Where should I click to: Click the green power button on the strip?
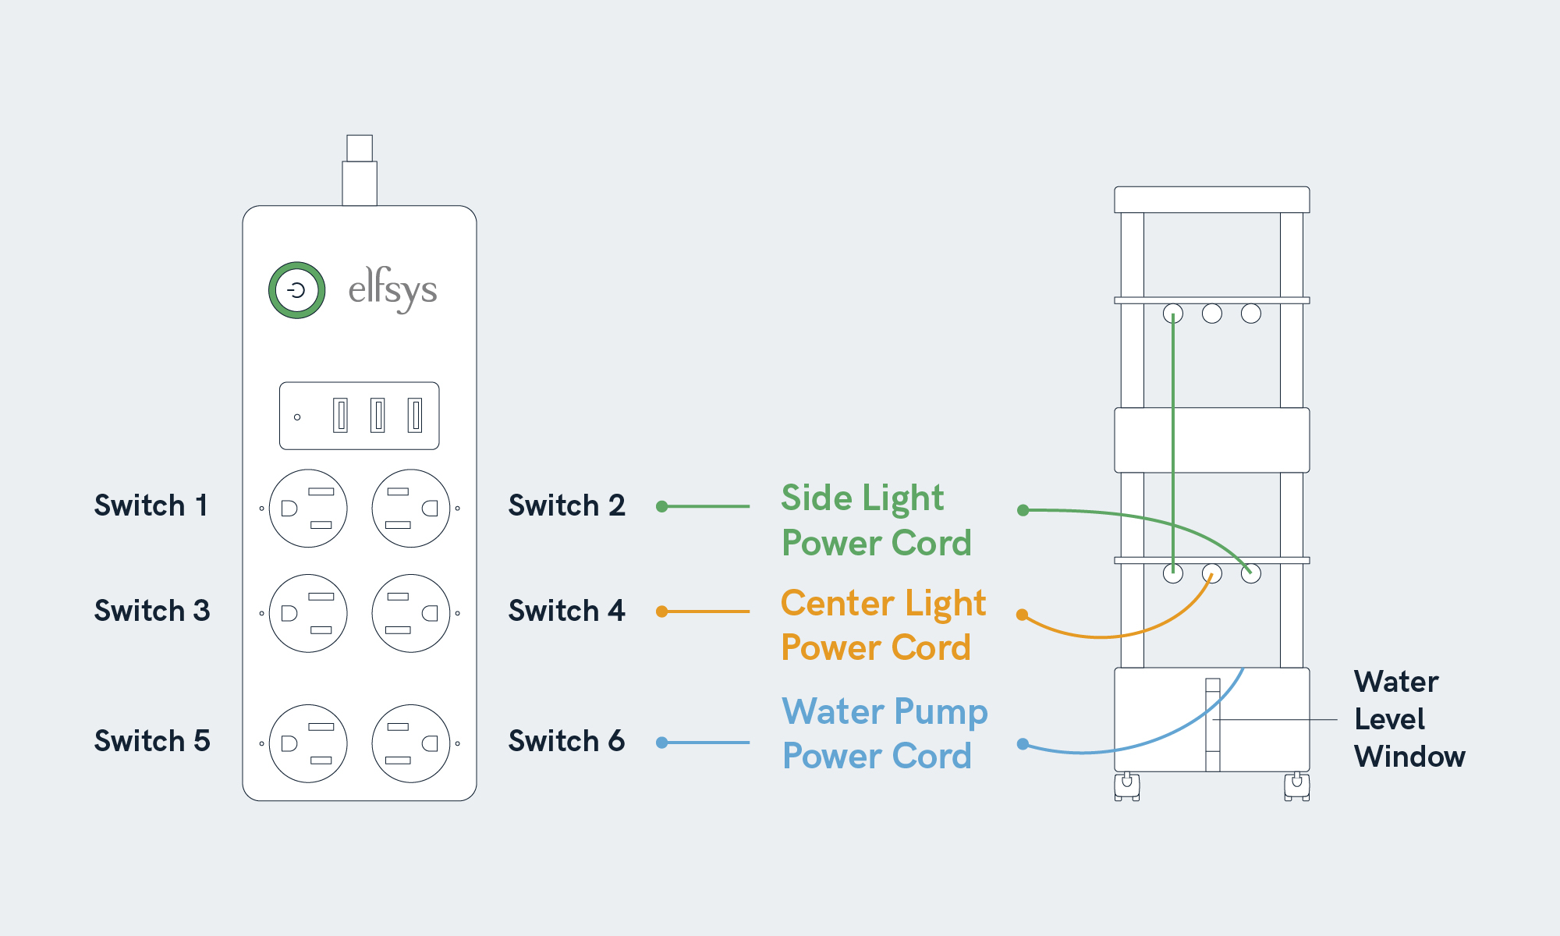pyautogui.click(x=296, y=290)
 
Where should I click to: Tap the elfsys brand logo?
pyautogui.click(x=392, y=289)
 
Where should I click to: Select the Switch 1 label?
pyautogui.click(x=151, y=505)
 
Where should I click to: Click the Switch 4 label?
pyautogui.click(x=566, y=611)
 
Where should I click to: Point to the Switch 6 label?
pyautogui.click(x=566, y=741)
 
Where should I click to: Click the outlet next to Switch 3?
pyautogui.click(x=308, y=613)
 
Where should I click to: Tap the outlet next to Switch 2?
pyautogui.click(x=411, y=509)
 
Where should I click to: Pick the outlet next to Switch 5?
pyautogui.click(x=308, y=743)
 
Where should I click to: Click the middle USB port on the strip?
pyautogui.click(x=378, y=415)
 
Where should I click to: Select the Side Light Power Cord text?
pyautogui.click(x=876, y=520)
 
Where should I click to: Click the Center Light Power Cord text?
pyautogui.click(x=883, y=626)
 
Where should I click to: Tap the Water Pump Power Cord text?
pyautogui.click(x=885, y=734)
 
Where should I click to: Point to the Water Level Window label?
pyautogui.click(x=1409, y=719)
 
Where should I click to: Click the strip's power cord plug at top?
pyautogui.click(x=360, y=170)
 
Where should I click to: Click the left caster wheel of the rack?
pyautogui.click(x=1127, y=785)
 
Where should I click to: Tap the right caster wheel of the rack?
pyautogui.click(x=1296, y=785)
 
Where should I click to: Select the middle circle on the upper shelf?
pyautogui.click(x=1212, y=314)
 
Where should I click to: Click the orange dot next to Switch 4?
pyautogui.click(x=662, y=612)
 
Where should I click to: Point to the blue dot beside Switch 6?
pyautogui.click(x=662, y=743)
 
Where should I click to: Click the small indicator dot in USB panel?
pyautogui.click(x=297, y=417)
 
